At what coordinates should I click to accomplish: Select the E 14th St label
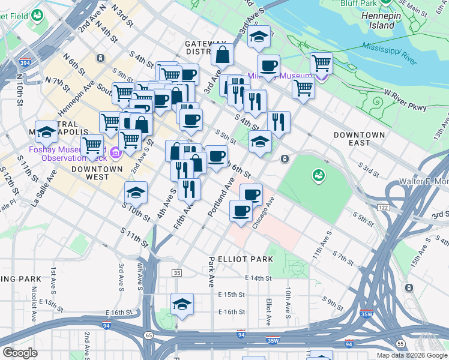point(259,278)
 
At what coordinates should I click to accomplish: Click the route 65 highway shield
point(148,335)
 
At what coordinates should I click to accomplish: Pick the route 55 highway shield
point(400,343)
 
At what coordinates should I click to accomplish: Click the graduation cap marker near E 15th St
point(182,304)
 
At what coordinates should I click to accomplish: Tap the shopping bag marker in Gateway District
point(222,55)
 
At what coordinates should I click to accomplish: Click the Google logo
point(20,353)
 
